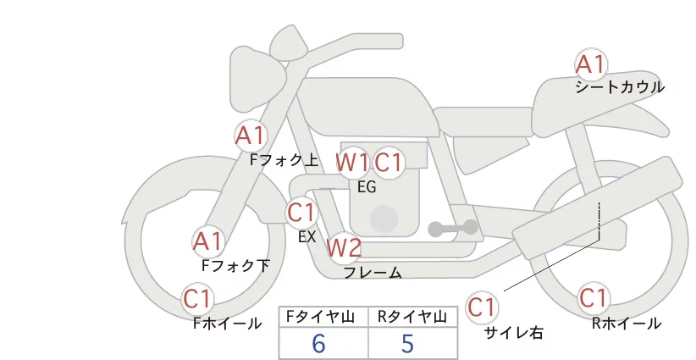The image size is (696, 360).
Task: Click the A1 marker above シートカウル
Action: coord(591,64)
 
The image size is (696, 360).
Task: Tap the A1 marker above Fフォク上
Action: coord(251,136)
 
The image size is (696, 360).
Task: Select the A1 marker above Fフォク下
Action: coord(208,242)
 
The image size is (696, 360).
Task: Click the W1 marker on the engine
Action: coord(351,163)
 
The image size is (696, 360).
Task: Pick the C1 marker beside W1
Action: coord(389,163)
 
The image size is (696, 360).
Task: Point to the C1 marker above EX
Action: coord(301,212)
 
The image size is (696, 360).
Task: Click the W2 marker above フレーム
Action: coord(344,247)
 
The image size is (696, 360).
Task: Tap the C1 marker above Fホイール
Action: coord(197,299)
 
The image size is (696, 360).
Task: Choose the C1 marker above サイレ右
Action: coord(482,307)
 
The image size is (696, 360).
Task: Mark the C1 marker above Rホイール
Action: coord(594,298)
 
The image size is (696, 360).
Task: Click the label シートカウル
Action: coord(620,87)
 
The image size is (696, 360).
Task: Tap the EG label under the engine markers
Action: coord(367,187)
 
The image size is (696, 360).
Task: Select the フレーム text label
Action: coord(373,273)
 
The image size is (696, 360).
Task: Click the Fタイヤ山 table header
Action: coord(320,317)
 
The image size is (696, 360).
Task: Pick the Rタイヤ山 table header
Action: coord(412,317)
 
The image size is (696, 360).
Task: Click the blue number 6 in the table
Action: coord(318,344)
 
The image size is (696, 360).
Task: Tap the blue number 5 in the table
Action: coord(407,344)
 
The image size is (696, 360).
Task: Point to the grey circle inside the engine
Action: coord(384,219)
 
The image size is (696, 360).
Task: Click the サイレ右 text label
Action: coord(514,333)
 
